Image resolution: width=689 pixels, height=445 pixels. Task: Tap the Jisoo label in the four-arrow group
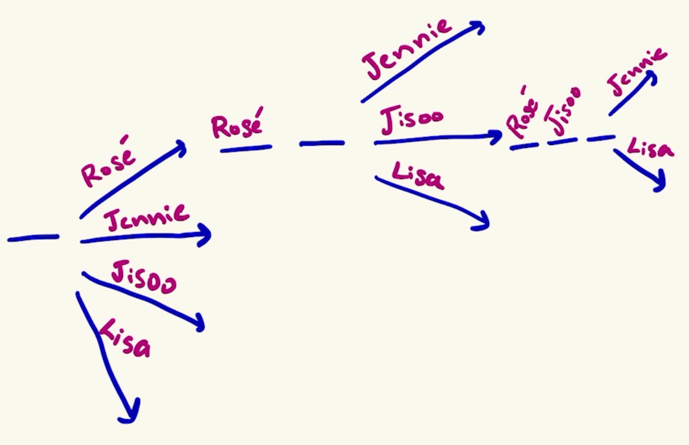143,277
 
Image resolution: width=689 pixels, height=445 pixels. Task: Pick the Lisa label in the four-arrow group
124,339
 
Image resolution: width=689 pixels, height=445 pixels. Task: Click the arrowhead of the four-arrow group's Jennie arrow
205,235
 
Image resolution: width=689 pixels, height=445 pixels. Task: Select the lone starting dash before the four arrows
33,238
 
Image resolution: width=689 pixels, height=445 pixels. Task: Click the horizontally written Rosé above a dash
236,126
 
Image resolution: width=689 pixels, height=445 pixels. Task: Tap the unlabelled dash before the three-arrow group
322,143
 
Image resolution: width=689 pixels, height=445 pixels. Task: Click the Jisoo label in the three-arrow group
412,122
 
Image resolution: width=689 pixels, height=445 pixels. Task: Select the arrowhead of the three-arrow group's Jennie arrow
478,28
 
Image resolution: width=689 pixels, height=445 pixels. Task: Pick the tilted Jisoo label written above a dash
562,112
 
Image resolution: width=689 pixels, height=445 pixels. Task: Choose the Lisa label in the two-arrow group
651,148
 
